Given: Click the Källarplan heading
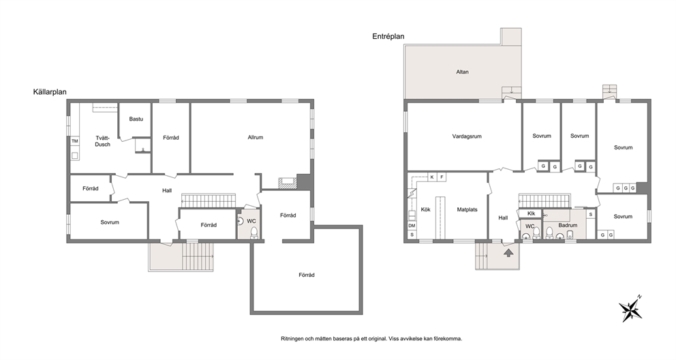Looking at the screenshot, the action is pos(50,92).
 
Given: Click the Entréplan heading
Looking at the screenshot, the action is pos(388,37).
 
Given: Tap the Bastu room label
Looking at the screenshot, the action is pos(136,119).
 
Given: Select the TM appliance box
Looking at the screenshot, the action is pos(74,141).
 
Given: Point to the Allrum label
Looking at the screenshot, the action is pos(256,138).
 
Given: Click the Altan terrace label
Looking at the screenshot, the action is pos(462,72).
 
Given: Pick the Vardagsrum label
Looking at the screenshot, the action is pos(467,136).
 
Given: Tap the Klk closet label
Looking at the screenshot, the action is pos(531,213).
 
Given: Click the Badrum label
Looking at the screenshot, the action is pos(568,225).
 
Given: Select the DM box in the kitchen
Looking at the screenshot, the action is pos(412,226).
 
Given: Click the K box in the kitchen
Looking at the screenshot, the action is pos(432,177).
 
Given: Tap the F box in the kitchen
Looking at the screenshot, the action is pos(442,177).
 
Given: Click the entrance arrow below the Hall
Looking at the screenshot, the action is pos(509,252).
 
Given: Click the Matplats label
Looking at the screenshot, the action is pos(467,210).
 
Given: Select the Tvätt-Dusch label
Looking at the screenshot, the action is pos(103,141).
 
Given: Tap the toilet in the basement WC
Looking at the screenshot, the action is pos(254,232).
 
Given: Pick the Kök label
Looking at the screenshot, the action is pos(425,210).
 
